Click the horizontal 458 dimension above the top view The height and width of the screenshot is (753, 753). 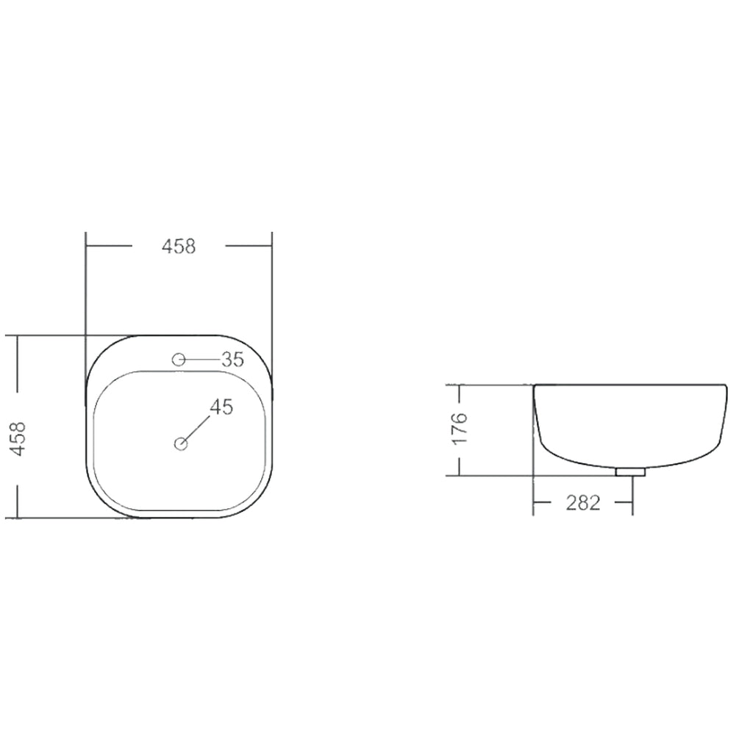[179, 247]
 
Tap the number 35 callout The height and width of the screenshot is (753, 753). [232, 360]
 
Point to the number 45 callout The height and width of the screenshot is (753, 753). [221, 407]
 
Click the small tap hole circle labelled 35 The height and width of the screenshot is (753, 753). [177, 360]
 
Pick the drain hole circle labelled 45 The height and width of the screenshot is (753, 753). [181, 443]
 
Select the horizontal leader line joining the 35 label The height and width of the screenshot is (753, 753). [201, 360]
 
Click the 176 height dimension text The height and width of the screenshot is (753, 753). [460, 429]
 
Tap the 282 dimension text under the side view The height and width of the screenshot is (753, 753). [583, 503]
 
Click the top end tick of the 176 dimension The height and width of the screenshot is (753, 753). [460, 385]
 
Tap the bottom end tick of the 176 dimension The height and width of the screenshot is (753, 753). [460, 475]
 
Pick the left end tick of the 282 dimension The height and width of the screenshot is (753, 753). [533, 503]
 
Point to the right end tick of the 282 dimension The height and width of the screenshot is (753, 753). [632, 503]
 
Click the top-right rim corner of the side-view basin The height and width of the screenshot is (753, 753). [726, 385]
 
